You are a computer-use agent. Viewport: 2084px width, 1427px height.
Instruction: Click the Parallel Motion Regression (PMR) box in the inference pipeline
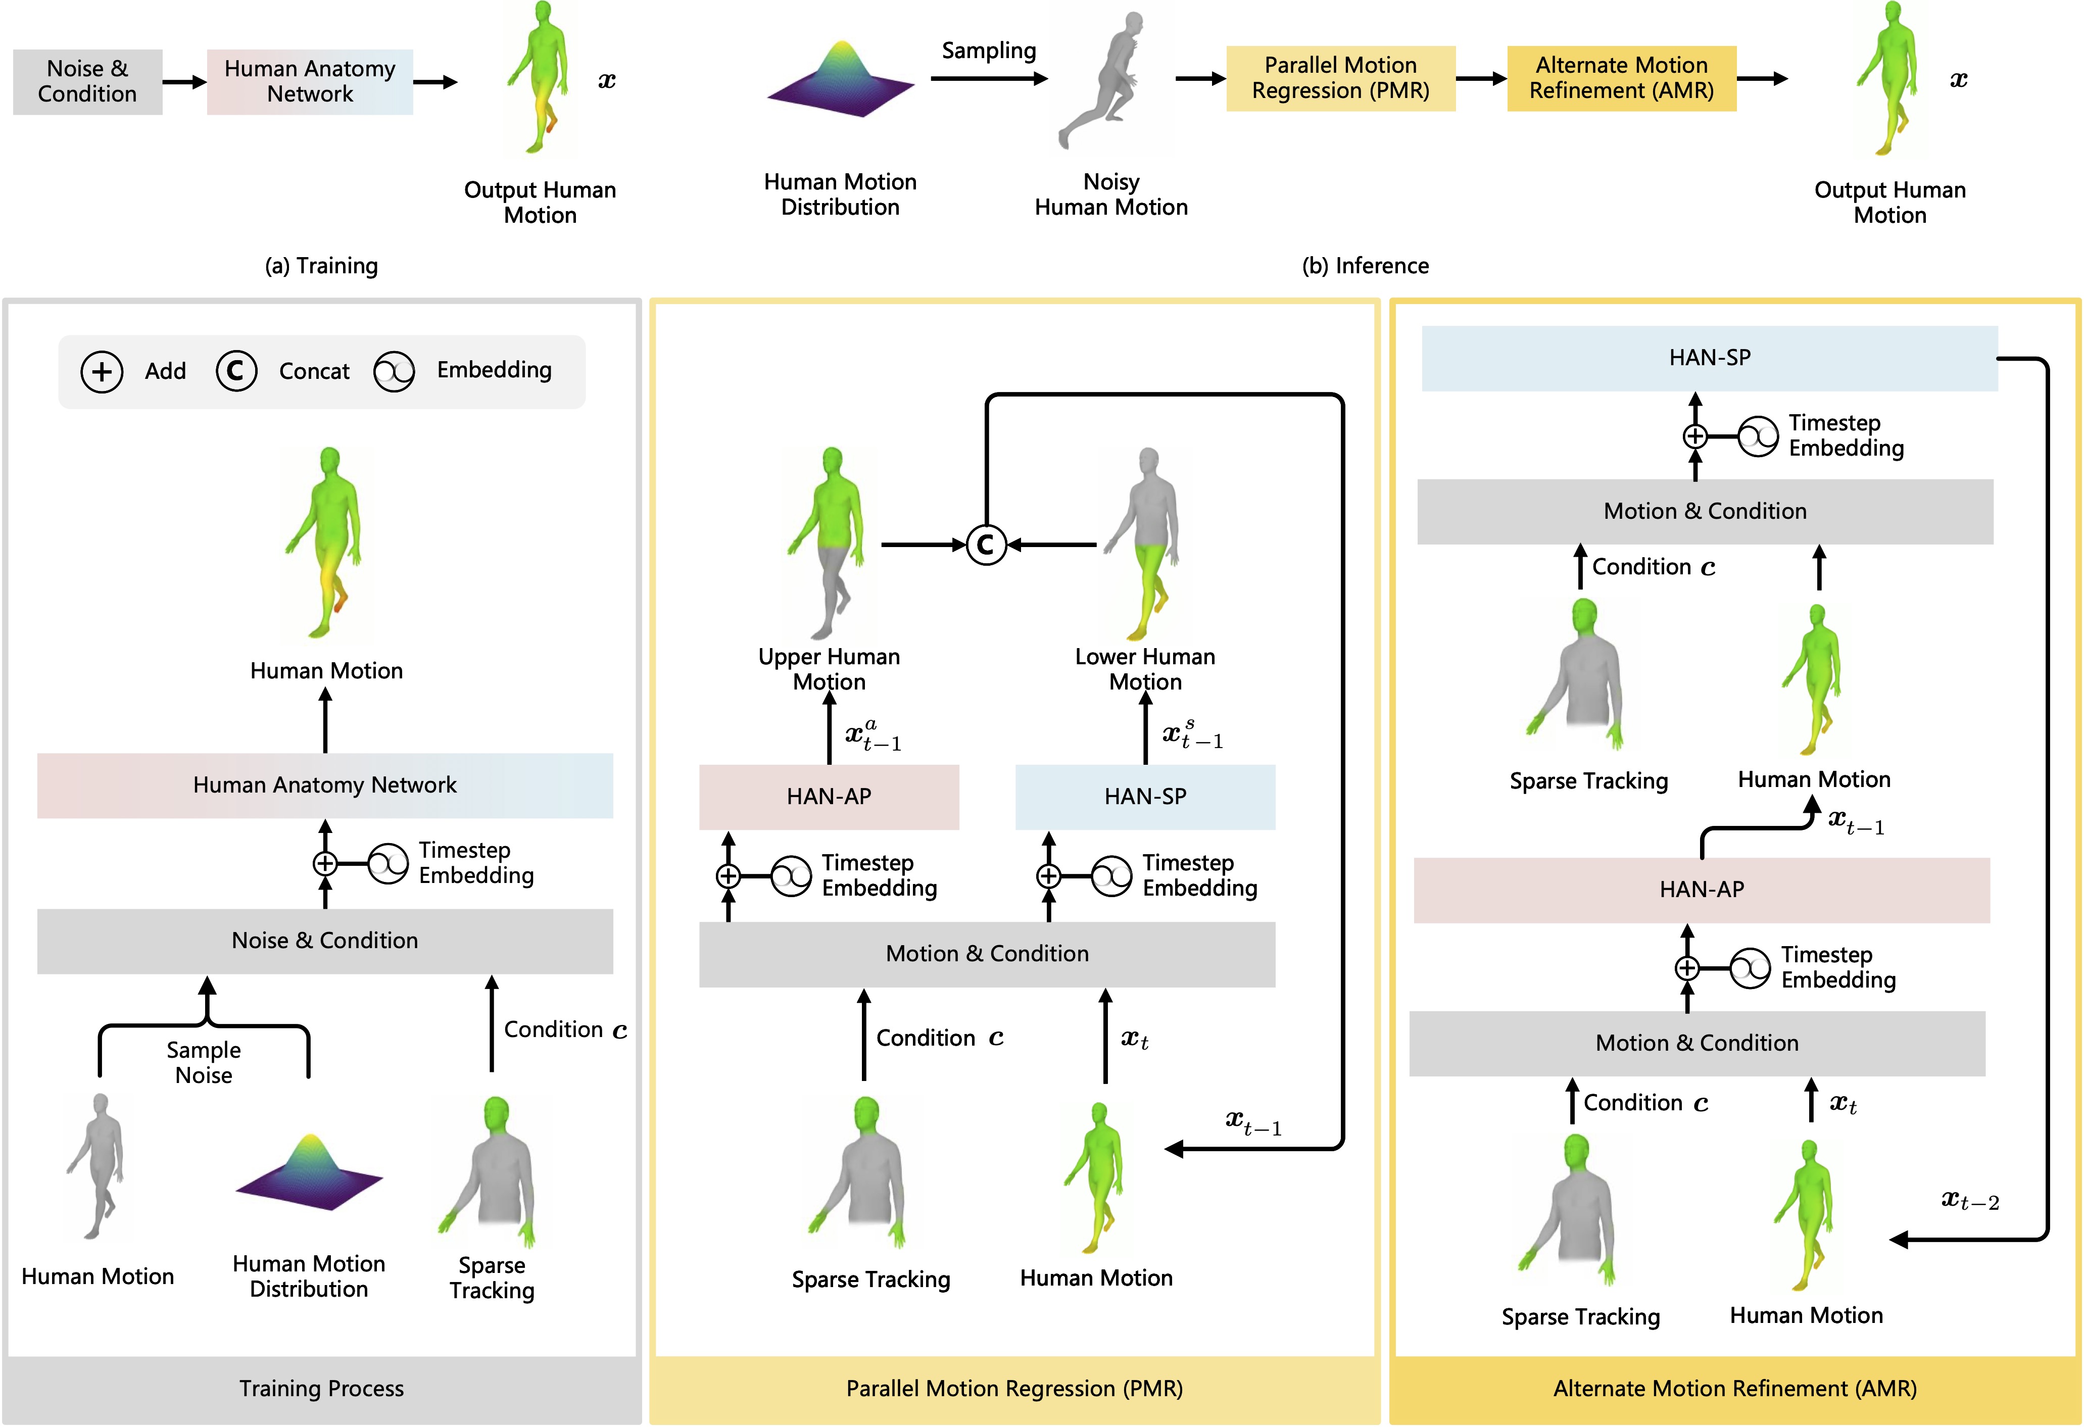[x=1340, y=78]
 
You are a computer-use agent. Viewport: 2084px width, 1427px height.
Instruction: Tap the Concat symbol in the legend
[x=236, y=370]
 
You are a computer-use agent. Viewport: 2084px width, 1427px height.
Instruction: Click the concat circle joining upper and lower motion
[x=986, y=544]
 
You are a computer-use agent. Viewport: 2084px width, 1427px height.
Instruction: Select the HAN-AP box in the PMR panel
[x=829, y=796]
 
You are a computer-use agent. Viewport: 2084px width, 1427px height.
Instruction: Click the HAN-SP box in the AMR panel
[x=1709, y=358]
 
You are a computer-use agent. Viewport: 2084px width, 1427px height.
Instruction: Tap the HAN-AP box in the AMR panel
[x=1701, y=889]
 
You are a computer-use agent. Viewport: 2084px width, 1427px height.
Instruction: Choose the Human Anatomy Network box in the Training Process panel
[x=325, y=785]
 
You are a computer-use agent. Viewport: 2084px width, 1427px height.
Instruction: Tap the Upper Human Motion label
[x=829, y=669]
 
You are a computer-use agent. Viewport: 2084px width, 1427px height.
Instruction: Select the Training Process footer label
[x=321, y=1389]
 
